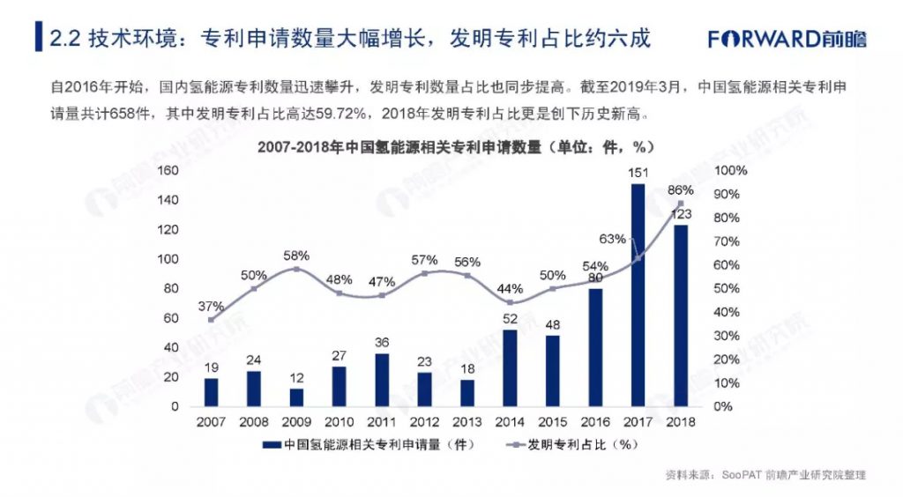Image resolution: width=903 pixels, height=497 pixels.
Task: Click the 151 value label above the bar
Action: click(637, 173)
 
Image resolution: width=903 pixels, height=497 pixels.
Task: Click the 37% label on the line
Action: click(211, 306)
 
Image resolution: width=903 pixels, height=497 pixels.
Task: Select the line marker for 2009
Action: click(296, 269)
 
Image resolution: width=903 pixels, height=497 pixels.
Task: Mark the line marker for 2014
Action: click(510, 302)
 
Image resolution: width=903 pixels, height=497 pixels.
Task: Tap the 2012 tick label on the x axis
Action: click(424, 422)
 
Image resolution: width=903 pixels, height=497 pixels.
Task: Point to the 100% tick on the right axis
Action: click(730, 170)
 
